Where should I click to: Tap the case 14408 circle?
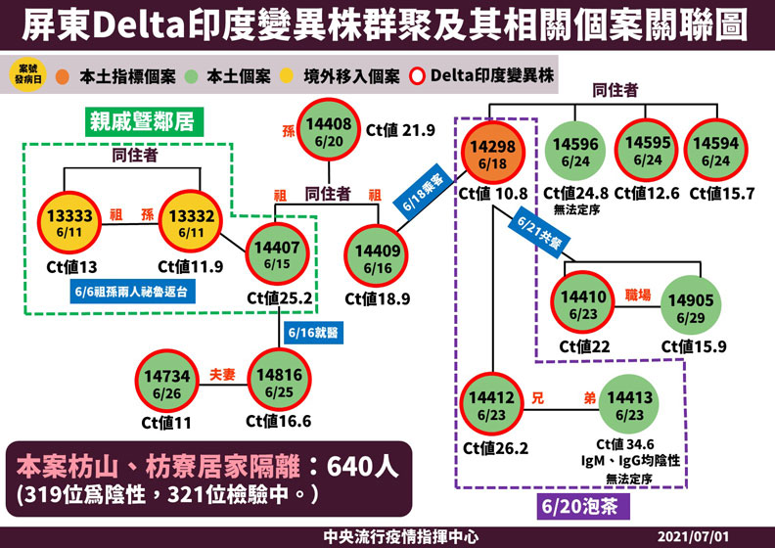coord(328,131)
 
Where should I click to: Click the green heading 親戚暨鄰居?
coord(146,122)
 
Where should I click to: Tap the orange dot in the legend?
coord(61,76)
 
